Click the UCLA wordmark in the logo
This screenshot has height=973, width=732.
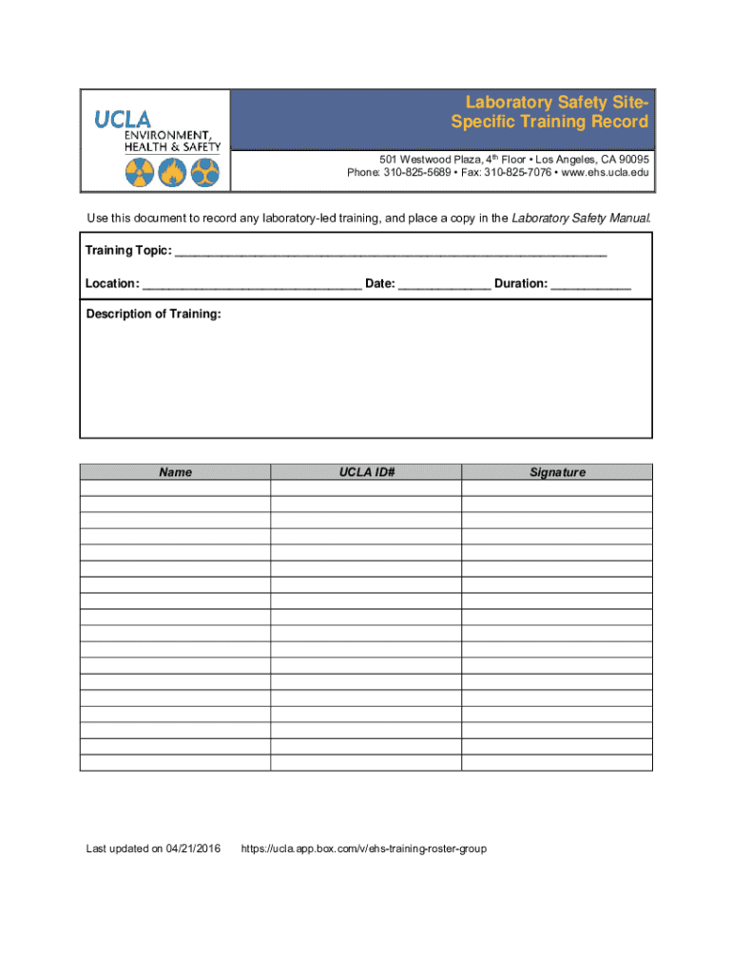[x=122, y=119]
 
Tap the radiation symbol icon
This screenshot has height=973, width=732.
[x=139, y=172]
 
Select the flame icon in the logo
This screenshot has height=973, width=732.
[x=172, y=172]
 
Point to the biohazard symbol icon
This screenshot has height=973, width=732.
[x=204, y=172]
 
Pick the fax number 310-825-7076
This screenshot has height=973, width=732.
[x=518, y=174]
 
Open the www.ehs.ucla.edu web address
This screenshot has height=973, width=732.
[x=606, y=174]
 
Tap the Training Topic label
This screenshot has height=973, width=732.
[x=128, y=251]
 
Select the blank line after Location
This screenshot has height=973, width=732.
[x=252, y=284]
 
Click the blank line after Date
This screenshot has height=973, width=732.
[x=444, y=284]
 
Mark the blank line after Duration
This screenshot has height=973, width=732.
[x=590, y=284]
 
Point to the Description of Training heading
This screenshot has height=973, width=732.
[x=153, y=315]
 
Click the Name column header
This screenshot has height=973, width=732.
[x=175, y=472]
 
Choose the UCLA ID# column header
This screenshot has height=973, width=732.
[x=366, y=472]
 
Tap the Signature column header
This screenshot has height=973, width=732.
[x=557, y=472]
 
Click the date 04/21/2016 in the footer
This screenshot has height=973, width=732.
[x=193, y=849]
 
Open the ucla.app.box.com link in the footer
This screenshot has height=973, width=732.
[x=364, y=849]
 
